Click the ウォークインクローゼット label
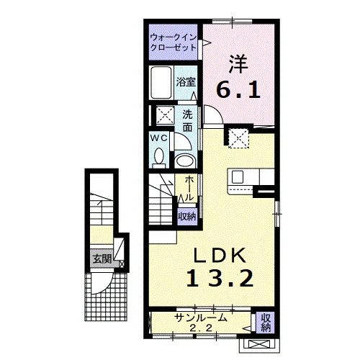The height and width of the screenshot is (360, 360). tap(174, 42)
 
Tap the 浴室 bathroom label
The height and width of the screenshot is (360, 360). tap(186, 82)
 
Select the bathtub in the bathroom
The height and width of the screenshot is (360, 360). tap(161, 82)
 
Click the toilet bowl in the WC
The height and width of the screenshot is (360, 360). tap(159, 157)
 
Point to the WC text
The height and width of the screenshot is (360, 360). tap(158, 138)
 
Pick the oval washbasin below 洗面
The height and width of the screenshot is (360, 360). tap(185, 161)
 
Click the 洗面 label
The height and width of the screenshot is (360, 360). tap(187, 120)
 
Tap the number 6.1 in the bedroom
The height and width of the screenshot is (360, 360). tap(238, 89)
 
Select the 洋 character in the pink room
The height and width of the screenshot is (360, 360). tap(238, 64)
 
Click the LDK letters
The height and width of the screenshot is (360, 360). tap(220, 256)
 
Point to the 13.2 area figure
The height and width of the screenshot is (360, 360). tap(220, 278)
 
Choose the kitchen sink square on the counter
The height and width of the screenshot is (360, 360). tap(238, 177)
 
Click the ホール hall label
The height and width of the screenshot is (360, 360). tap(189, 188)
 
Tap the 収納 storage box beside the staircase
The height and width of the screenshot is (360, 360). tap(187, 217)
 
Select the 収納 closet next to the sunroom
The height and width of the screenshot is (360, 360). tap(266, 323)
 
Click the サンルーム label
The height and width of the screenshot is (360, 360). tap(201, 318)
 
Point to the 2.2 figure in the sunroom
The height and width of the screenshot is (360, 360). tap(201, 328)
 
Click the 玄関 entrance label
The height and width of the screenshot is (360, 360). tap(102, 259)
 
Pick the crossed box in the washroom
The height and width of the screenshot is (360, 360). tap(166, 115)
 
